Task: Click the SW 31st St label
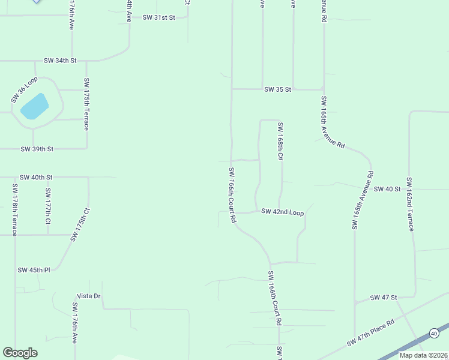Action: point(158,17)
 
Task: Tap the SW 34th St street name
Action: point(60,61)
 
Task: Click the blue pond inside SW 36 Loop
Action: point(34,107)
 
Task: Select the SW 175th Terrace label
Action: point(86,104)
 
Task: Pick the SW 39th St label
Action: point(37,149)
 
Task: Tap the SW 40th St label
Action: point(36,178)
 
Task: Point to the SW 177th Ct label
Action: point(47,205)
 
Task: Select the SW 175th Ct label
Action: point(80,224)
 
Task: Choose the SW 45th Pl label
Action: point(34,270)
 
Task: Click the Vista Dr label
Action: point(88,296)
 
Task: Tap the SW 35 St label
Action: point(277,89)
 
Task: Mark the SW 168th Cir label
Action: point(280,141)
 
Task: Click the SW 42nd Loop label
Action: point(282,213)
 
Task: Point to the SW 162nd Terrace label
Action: point(410,204)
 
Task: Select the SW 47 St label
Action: point(384,298)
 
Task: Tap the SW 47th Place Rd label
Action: point(370,333)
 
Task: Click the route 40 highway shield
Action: point(434,333)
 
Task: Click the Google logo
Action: point(20,353)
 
